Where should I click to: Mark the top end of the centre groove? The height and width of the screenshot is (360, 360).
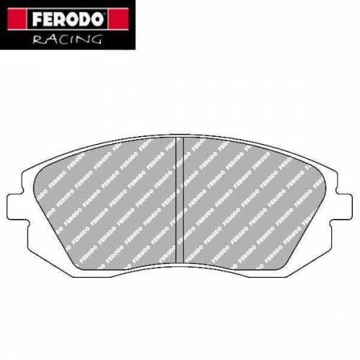click(180, 138)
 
